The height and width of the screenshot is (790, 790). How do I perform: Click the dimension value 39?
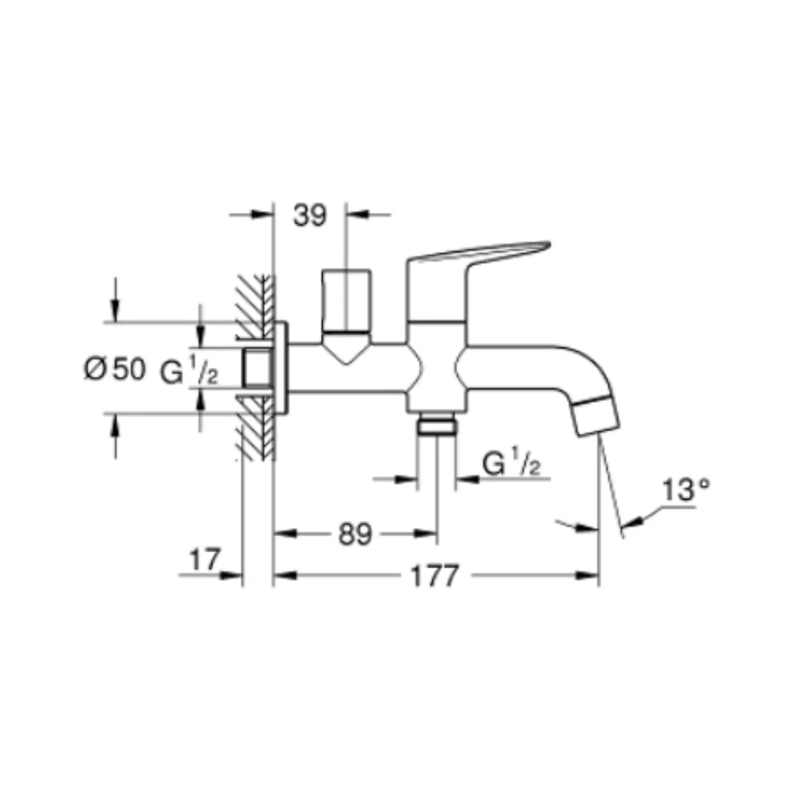pos(309,216)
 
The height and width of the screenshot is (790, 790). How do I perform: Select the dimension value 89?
pos(355,535)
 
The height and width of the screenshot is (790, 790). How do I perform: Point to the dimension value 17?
pos(204,560)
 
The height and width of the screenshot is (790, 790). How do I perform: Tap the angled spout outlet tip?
pos(595,415)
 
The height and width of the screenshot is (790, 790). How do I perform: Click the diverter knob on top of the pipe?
pos(347,300)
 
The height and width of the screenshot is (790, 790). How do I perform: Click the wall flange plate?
pos(280,369)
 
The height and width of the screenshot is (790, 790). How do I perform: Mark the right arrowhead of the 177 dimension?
pos(591,576)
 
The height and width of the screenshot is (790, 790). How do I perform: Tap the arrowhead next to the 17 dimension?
pos(233,576)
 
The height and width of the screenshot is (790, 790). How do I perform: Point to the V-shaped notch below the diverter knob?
pos(347,352)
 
